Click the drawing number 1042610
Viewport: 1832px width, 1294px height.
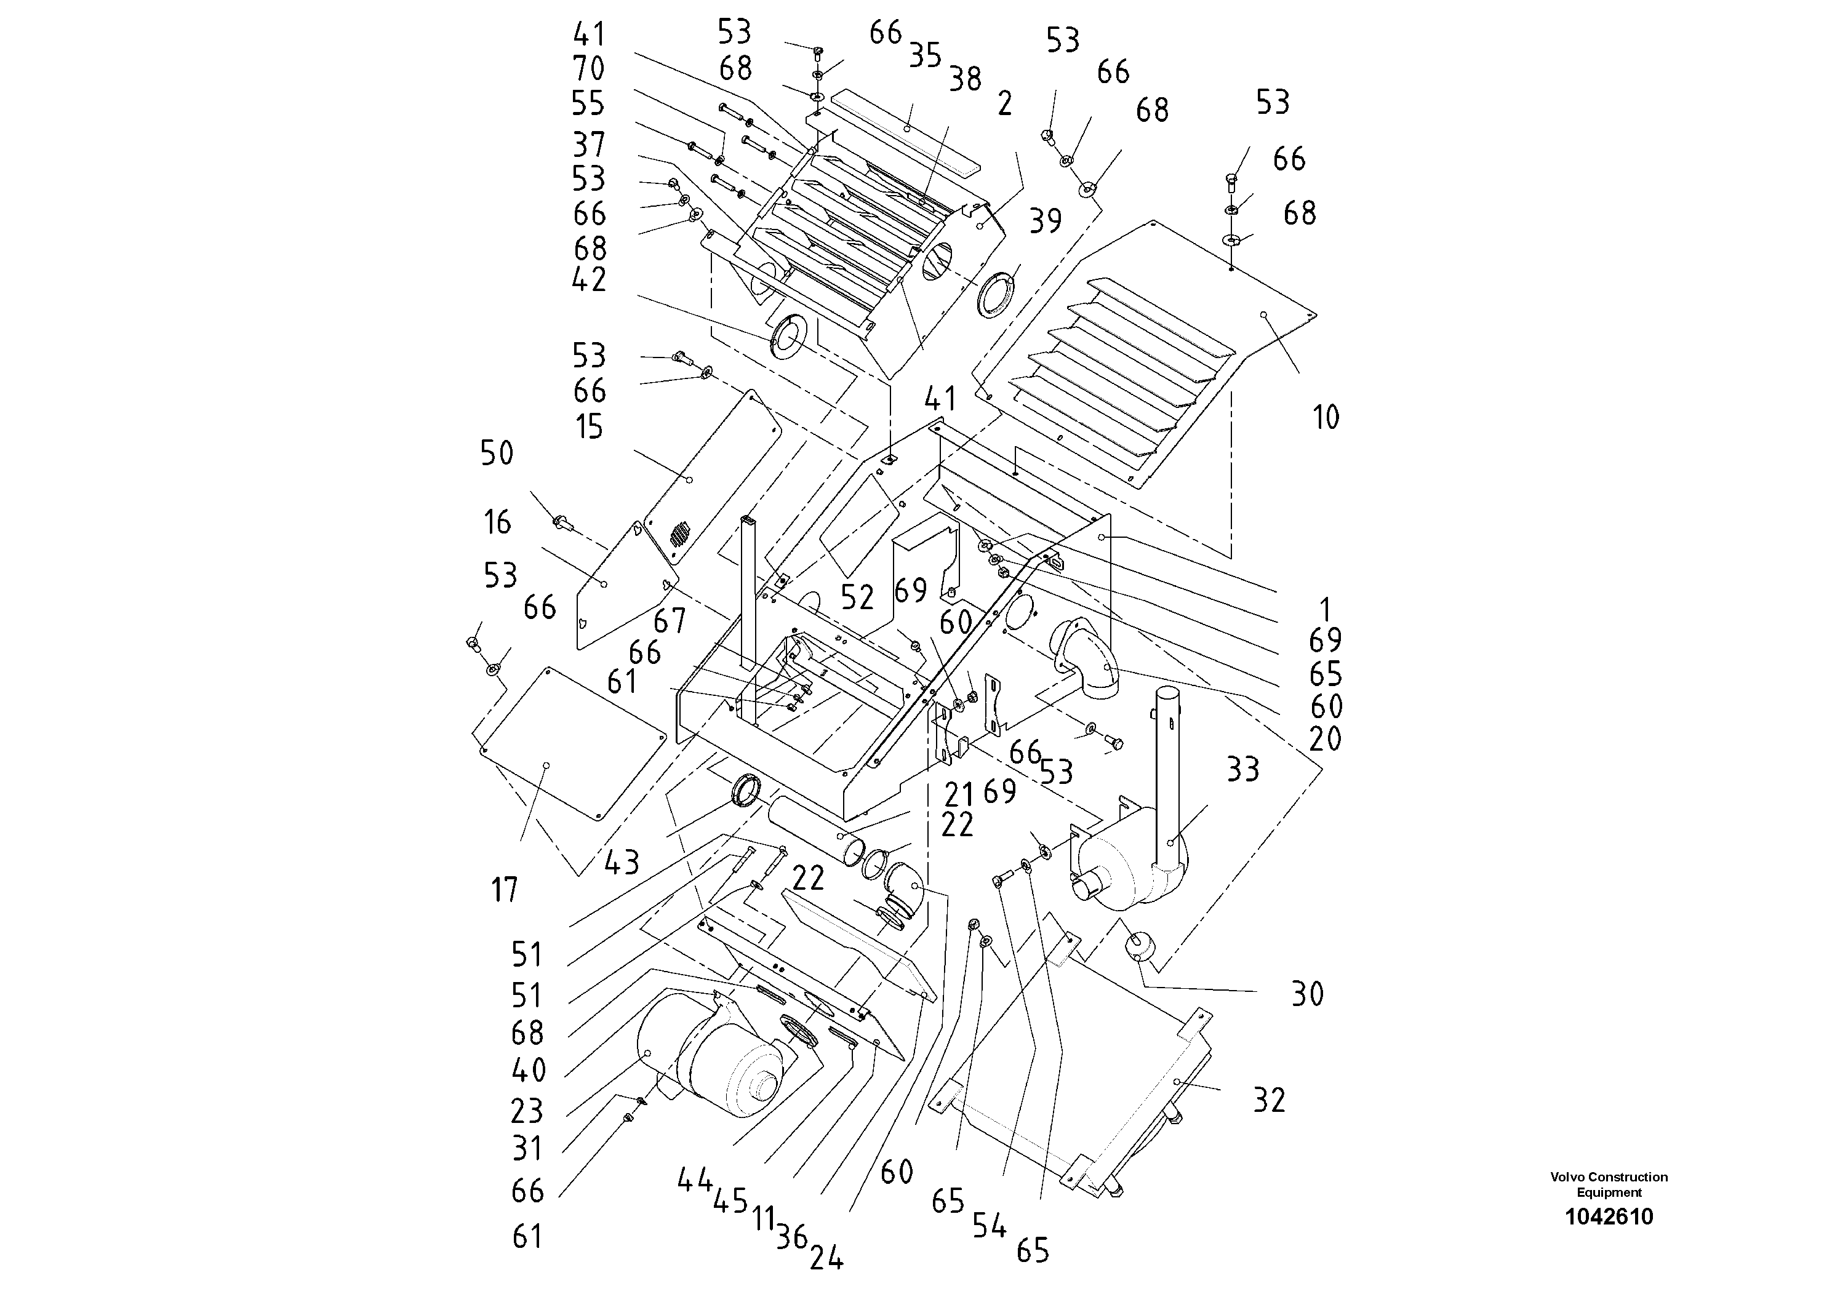tap(1609, 1216)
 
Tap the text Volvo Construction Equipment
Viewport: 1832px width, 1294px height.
tap(1609, 1184)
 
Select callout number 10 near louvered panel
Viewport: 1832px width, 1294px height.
tap(1326, 417)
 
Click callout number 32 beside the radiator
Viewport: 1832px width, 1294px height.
tap(1269, 1100)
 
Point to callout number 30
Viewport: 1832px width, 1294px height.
tap(1307, 994)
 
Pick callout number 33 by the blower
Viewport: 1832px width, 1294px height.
tap(1242, 770)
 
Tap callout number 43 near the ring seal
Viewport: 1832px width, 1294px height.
tap(622, 863)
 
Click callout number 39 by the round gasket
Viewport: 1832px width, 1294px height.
tap(1046, 221)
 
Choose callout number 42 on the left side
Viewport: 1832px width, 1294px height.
tap(589, 279)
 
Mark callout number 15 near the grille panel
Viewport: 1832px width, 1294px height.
tap(589, 427)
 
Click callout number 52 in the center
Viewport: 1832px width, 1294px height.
tap(857, 597)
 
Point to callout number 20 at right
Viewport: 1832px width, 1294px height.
tap(1326, 739)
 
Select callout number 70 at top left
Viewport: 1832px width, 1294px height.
tap(589, 69)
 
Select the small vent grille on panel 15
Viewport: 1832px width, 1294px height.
tap(680, 533)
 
